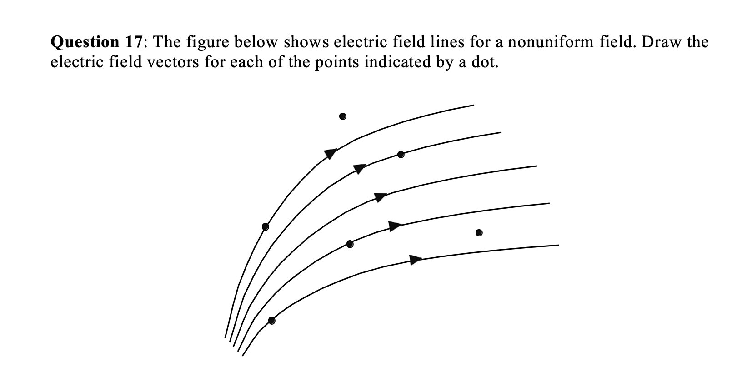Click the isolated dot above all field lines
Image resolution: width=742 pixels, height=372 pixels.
point(343,116)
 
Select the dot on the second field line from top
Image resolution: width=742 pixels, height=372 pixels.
point(401,154)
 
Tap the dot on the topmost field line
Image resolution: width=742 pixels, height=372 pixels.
point(266,226)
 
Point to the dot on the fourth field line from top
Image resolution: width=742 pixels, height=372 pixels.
point(350,244)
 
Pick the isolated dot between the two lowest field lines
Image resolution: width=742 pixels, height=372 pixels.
point(479,233)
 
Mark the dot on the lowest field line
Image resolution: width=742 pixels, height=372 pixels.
point(271,320)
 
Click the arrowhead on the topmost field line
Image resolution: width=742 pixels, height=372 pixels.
point(331,154)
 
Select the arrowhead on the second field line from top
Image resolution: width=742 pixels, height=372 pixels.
point(360,168)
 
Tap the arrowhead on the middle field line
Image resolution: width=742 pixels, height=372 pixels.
point(381,197)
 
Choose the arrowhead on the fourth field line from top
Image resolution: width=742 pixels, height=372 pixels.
point(395,226)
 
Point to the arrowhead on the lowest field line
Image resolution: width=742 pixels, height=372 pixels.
point(416,260)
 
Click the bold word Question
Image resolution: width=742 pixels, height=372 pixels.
point(85,43)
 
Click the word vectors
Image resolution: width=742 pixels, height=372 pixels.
point(173,62)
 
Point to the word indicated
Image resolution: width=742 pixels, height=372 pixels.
point(397,61)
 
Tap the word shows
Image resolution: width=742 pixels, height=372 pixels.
point(306,42)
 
